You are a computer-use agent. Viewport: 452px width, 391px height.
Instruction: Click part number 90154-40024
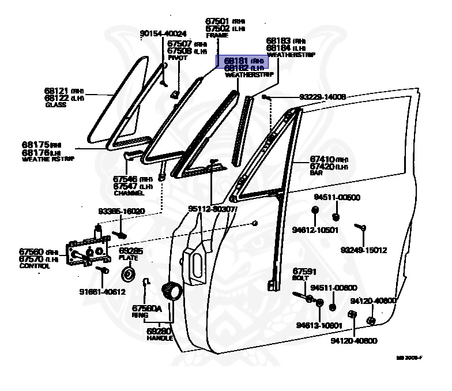(x=163, y=33)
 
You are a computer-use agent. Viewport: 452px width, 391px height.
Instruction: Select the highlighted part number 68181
(x=236, y=60)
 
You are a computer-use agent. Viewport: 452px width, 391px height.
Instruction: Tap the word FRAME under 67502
(x=217, y=35)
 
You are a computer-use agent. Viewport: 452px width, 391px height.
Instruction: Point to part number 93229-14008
(x=314, y=97)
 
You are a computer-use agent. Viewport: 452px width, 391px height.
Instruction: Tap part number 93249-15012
(x=363, y=250)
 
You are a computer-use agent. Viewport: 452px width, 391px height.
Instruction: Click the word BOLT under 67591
(x=301, y=277)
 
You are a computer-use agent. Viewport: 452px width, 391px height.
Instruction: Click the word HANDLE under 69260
(x=159, y=338)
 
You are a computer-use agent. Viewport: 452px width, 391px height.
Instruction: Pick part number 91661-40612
(x=102, y=291)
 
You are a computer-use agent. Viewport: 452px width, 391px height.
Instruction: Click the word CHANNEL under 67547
(x=128, y=192)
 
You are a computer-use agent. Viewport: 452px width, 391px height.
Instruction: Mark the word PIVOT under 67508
(x=174, y=58)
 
